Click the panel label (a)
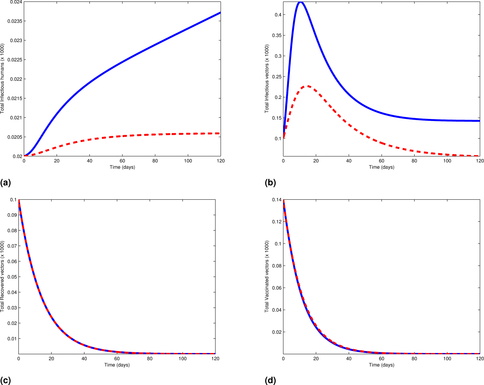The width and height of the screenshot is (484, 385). pos(6,182)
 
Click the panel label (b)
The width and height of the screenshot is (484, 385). pos(270,182)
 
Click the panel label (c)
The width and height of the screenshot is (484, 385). pos(6,380)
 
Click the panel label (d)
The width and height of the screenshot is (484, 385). pos(270,380)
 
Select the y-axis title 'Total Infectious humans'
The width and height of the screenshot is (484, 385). pos(2,78)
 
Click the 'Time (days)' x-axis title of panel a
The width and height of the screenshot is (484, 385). pos(122,167)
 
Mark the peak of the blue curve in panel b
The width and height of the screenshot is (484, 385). pos(301,2)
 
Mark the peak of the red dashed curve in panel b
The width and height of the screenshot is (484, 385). pos(307,86)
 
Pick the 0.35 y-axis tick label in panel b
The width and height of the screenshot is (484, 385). pos(276,35)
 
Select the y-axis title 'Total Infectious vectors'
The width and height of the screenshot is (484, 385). pos(267,78)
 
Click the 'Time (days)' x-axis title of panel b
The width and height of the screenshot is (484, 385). pos(381,167)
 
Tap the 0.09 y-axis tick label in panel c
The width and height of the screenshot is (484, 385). pos(12,215)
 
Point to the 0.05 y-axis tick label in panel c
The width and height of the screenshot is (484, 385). pos(12,277)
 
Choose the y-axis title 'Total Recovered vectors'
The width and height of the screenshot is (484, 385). pos(2,276)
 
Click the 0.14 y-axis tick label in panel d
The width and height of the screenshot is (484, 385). pos(276,200)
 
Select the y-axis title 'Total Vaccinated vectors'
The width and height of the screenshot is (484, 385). pos(267,276)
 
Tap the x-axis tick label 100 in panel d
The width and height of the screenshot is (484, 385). pos(447,359)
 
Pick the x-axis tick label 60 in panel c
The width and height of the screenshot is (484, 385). pos(117,359)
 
